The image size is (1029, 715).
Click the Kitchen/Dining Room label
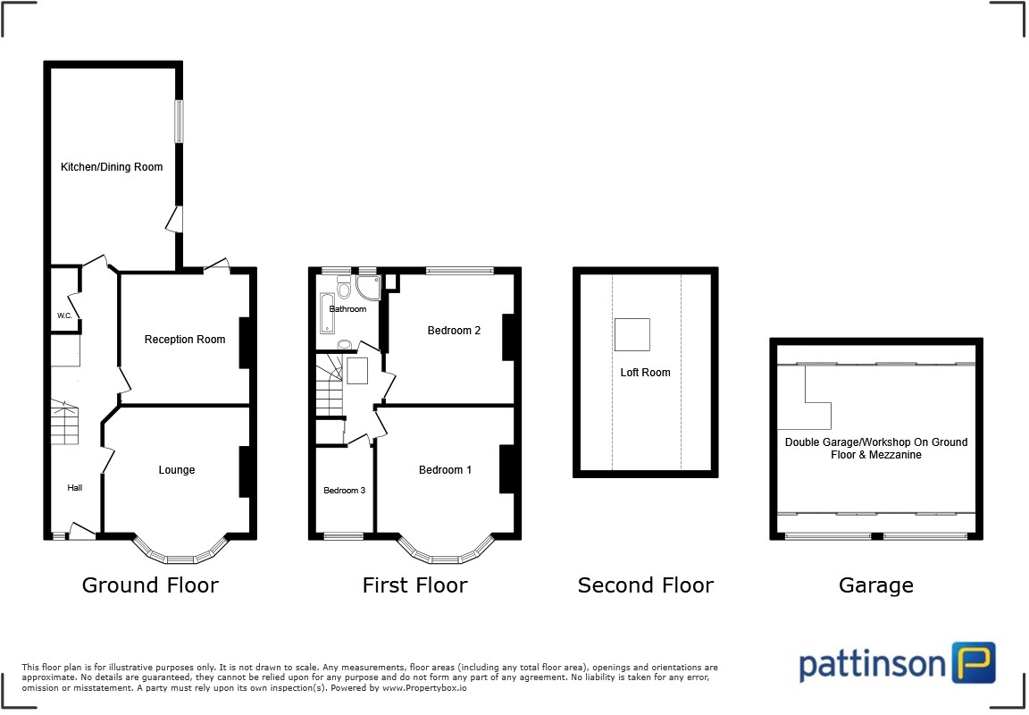click(x=112, y=167)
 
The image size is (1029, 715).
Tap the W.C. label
click(x=64, y=315)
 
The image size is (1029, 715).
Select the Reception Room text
click(x=185, y=340)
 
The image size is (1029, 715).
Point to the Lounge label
click(x=177, y=470)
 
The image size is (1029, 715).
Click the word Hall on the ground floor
click(x=75, y=488)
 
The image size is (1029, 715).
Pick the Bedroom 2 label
click(x=454, y=331)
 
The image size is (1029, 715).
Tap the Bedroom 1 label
click(x=445, y=470)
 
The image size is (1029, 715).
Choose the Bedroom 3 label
click(x=344, y=490)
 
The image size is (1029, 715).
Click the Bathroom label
click(x=347, y=309)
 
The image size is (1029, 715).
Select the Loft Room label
click(x=645, y=373)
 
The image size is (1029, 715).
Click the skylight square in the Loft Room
click(x=632, y=334)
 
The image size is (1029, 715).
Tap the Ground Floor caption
click(x=150, y=585)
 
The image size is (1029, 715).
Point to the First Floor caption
click(x=414, y=585)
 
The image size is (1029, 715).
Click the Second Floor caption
click(x=645, y=585)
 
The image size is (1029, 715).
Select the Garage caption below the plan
click(x=875, y=585)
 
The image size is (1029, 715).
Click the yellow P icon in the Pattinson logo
click(x=973, y=663)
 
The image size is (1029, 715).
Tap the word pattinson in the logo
click(x=871, y=665)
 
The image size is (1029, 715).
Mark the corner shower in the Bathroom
click(x=368, y=286)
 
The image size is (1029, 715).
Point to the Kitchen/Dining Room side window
click(x=180, y=121)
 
